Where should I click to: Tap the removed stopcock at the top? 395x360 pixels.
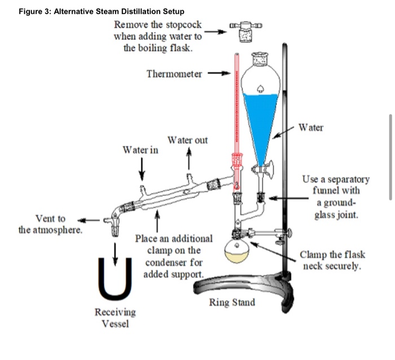(247, 32)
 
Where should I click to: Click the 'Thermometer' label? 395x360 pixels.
(174, 74)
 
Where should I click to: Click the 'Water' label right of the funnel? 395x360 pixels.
(311, 128)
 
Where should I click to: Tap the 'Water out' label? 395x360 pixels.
(187, 140)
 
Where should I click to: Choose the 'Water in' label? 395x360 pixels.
(141, 150)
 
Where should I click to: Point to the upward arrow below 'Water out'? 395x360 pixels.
(188, 160)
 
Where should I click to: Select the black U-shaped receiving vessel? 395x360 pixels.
(116, 278)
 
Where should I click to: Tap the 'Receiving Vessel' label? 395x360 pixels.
(115, 318)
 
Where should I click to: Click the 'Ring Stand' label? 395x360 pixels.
(232, 302)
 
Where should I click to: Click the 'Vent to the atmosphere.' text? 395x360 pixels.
(50, 224)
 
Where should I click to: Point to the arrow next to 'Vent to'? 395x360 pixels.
(87, 219)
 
